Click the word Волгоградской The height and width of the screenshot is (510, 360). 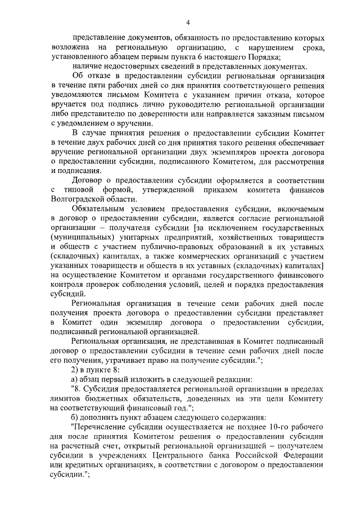coord(78,199)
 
